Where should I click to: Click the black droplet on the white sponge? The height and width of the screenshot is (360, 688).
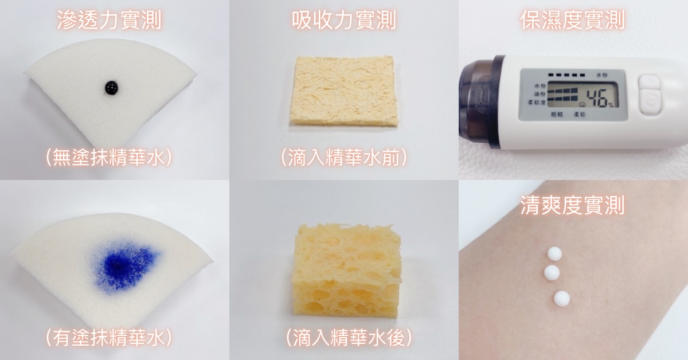click(111, 87)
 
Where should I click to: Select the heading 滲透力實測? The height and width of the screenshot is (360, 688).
click(110, 21)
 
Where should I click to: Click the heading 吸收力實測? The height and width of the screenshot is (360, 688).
click(344, 21)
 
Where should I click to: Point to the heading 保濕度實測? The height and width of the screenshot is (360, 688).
click(573, 21)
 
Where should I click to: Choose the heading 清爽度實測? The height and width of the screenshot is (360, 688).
click(573, 205)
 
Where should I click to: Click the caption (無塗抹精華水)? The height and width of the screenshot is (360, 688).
click(109, 158)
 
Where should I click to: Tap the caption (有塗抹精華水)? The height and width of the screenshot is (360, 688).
click(109, 338)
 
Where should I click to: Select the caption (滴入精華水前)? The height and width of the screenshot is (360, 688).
click(344, 158)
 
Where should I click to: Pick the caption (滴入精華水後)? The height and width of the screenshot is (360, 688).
click(349, 338)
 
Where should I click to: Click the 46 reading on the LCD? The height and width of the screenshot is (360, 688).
click(597, 97)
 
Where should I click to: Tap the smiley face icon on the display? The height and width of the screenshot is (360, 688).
click(583, 104)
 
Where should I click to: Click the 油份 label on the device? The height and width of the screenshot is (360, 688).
click(540, 94)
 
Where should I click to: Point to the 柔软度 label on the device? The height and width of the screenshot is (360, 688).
click(537, 102)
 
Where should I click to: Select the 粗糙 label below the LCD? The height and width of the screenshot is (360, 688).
click(557, 114)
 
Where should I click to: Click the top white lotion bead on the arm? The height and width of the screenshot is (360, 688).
click(555, 255)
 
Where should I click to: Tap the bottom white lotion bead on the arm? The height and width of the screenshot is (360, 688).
click(562, 298)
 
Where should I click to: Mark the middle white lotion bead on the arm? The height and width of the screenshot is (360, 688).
click(552, 272)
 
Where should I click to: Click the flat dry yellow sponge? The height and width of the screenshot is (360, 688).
click(343, 91)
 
